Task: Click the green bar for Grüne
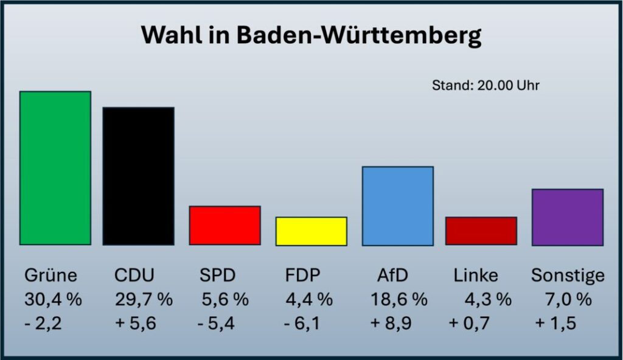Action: [55, 168]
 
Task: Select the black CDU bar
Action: [138, 176]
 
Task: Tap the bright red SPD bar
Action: [224, 225]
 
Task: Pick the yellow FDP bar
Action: [311, 231]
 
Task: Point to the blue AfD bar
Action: [397, 206]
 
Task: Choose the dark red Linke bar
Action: [481, 231]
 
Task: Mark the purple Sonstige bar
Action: [567, 217]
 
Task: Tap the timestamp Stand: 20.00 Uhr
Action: [486, 86]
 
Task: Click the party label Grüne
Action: [51, 275]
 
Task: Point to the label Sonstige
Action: [568, 275]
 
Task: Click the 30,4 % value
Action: [53, 300]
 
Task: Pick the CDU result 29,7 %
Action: [144, 300]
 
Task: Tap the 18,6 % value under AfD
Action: [399, 300]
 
